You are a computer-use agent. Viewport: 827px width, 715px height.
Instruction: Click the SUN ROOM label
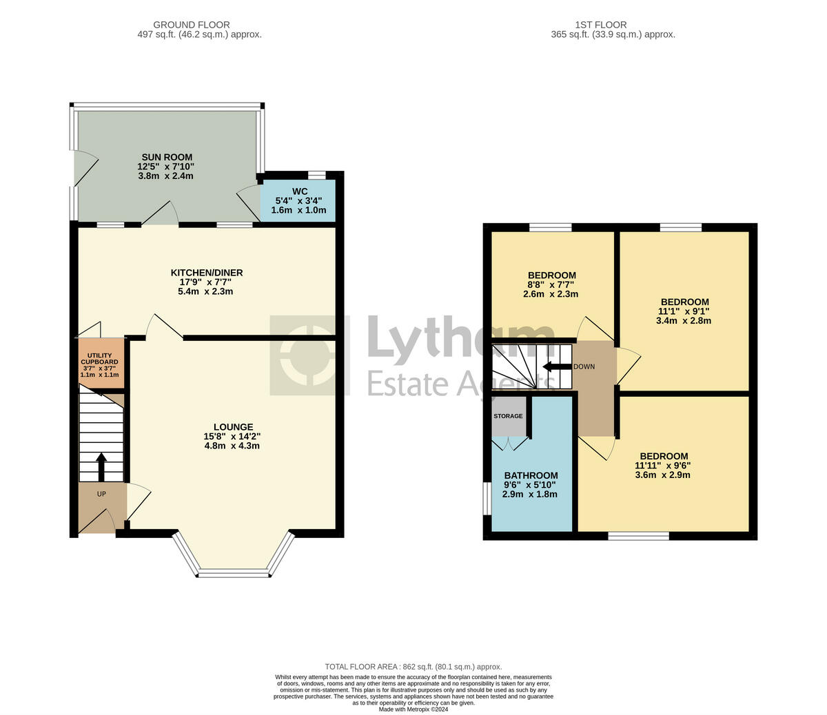[167, 157]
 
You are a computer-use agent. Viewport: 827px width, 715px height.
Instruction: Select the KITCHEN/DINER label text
[207, 273]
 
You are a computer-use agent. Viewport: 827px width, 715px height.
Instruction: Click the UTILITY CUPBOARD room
[100, 363]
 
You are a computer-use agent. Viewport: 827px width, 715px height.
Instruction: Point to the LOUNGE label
[233, 427]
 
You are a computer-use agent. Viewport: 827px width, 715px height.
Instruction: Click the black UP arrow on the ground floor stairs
[101, 466]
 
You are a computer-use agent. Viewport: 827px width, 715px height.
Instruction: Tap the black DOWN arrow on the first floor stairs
[553, 366]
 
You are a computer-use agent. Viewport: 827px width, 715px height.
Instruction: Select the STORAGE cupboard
[508, 416]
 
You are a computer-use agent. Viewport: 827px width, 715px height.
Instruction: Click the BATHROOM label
[531, 475]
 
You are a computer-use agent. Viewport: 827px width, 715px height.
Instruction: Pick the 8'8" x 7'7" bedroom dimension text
[551, 284]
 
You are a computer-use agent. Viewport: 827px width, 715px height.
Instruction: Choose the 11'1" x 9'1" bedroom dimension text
[684, 311]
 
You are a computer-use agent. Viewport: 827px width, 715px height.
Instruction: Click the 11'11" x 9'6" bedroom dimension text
[664, 466]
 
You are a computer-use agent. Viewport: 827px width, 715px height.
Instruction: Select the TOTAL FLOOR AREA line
[413, 667]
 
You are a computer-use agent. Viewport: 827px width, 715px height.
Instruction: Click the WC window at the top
[317, 174]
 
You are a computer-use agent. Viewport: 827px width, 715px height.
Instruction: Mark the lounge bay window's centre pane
[233, 573]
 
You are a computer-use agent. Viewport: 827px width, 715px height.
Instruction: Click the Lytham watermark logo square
[309, 355]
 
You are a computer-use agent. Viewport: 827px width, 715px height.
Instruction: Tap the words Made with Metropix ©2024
[413, 709]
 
